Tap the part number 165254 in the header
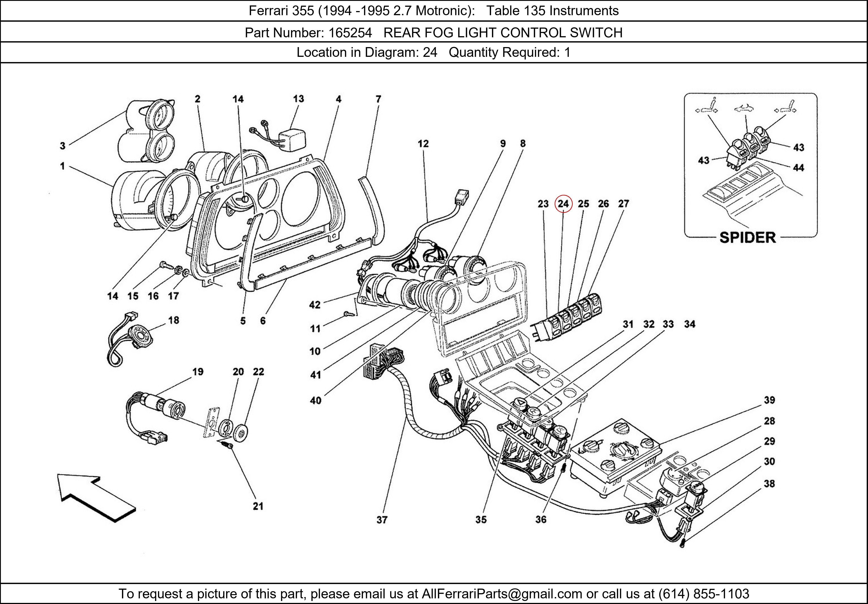click(x=350, y=33)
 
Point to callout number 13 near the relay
click(x=298, y=99)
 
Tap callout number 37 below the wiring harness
click(x=382, y=520)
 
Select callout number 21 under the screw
click(x=258, y=506)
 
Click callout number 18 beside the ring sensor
click(x=174, y=320)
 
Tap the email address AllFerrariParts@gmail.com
click(x=502, y=594)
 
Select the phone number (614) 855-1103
click(x=704, y=594)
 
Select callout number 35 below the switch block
click(x=481, y=520)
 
